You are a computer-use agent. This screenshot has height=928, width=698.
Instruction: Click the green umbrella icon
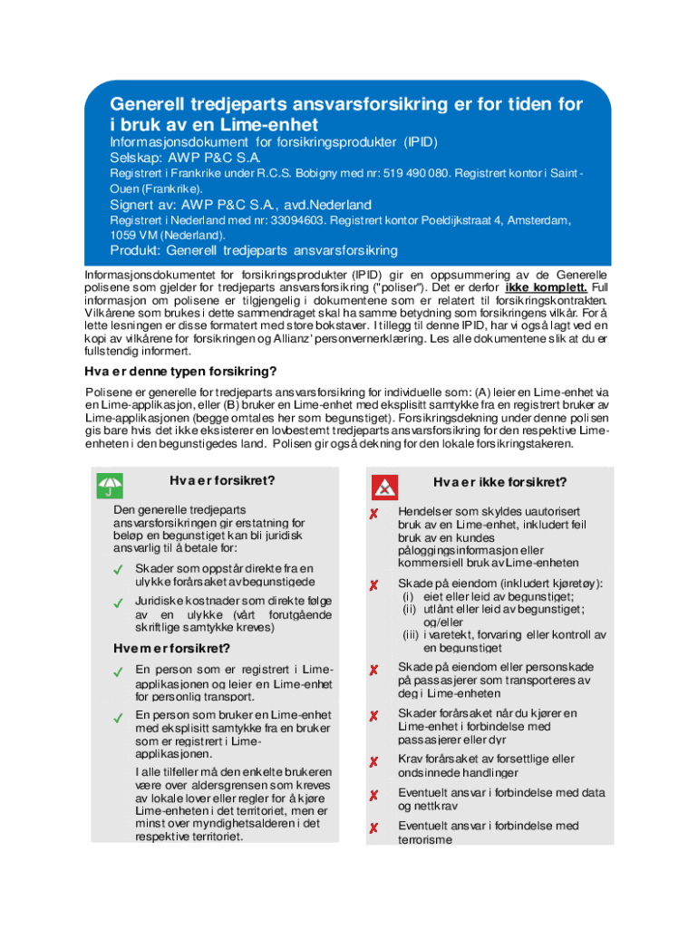110,487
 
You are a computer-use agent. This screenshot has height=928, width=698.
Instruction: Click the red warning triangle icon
385,487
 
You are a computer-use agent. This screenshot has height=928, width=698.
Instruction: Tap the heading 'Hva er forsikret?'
222,480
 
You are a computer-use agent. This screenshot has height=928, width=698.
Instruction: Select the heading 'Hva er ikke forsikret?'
499,481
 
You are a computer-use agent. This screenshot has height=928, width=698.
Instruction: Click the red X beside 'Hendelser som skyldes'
373,514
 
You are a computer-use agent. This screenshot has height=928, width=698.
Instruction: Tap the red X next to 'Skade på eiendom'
373,585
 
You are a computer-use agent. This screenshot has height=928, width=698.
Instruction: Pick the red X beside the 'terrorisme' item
373,828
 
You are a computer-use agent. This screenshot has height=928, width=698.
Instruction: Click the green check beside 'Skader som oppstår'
118,570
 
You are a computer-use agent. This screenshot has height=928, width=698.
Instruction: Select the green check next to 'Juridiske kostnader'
118,603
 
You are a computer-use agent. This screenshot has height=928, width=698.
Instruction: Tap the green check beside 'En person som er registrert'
118,672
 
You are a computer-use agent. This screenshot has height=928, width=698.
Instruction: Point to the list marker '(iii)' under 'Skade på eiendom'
412,635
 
